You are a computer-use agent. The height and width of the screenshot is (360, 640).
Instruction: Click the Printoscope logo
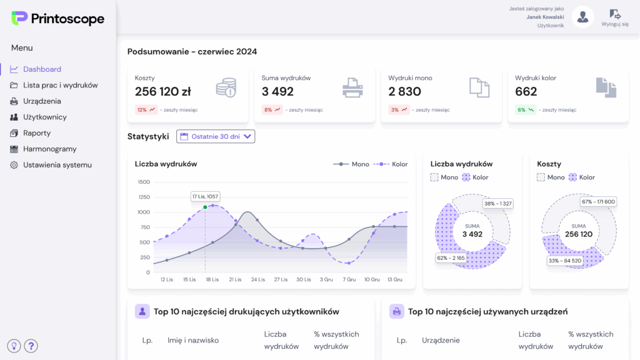point(57,19)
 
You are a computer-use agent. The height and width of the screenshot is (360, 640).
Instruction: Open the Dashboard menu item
point(42,69)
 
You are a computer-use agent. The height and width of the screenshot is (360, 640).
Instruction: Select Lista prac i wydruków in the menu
point(60,85)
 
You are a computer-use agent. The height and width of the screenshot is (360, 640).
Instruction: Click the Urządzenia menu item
point(42,101)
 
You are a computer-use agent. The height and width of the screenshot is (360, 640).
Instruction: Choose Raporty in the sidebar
point(37,133)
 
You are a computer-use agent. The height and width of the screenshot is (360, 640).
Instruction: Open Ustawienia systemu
point(57,165)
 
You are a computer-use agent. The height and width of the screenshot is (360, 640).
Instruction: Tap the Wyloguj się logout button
point(615,17)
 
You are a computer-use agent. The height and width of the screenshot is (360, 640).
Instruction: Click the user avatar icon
point(582,17)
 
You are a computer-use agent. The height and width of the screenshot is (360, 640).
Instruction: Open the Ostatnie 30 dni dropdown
point(216,136)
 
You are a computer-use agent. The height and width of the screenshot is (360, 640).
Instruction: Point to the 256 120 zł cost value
point(163,92)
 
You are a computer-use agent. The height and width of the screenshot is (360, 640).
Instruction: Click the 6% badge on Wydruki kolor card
point(525,109)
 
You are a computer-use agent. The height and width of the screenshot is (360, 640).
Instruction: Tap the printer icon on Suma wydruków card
point(352,87)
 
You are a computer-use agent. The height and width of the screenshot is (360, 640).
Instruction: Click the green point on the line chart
point(205,207)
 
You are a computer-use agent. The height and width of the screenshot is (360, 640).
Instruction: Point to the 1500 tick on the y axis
point(144,182)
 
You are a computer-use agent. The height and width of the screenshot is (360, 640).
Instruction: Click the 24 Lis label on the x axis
point(257,279)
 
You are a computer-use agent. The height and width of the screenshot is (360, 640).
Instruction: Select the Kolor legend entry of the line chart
point(391,164)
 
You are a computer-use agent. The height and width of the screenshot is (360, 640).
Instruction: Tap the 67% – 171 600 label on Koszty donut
point(598,201)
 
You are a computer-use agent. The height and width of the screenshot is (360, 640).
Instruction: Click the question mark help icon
point(31,346)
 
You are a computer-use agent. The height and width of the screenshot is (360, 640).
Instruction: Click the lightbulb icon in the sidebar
point(14,346)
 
